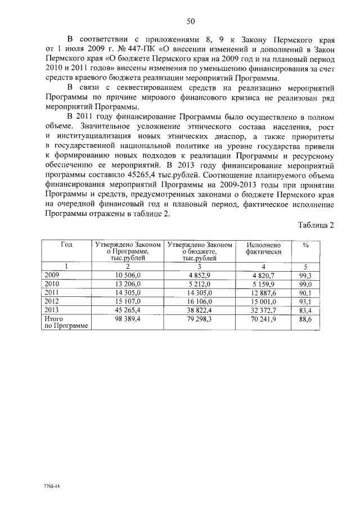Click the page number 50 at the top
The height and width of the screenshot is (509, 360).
pyautogui.click(x=190, y=21)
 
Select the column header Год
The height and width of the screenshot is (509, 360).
pyautogui.click(x=66, y=245)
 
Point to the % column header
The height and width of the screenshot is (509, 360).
pyautogui.click(x=306, y=245)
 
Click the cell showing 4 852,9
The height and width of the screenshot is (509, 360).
pyautogui.click(x=200, y=274)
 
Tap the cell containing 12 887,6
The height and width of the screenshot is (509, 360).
pyautogui.click(x=262, y=293)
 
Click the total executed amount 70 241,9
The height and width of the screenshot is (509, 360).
pyautogui.click(x=262, y=318)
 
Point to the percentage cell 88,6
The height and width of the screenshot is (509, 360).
pyautogui.click(x=306, y=318)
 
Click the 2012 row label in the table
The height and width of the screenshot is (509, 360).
pyautogui.click(x=52, y=301)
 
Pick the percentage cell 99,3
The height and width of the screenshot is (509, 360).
pyautogui.click(x=306, y=274)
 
